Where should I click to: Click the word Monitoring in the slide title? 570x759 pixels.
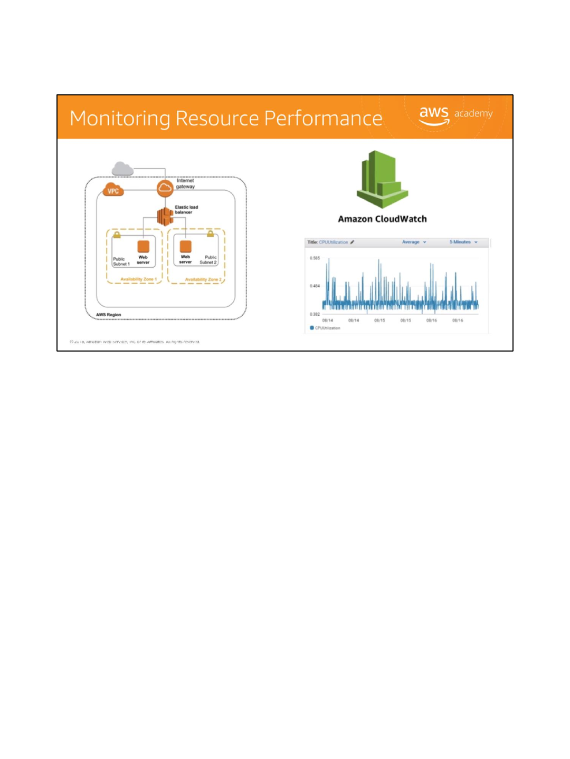[x=119, y=119]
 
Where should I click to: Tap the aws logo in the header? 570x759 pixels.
[x=434, y=115]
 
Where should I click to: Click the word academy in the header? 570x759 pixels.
[x=473, y=113]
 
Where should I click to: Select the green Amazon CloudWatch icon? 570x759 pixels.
[x=382, y=180]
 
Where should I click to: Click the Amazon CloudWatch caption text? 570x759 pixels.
[x=382, y=219]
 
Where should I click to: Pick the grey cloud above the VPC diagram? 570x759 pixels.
[x=122, y=169]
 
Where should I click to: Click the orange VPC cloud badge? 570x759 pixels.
[x=113, y=190]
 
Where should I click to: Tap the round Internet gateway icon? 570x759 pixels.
[x=165, y=188]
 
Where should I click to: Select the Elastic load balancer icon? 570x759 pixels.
[x=165, y=216]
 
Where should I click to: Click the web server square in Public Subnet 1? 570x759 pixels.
[x=143, y=247]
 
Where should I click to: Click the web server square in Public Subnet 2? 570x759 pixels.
[x=185, y=246]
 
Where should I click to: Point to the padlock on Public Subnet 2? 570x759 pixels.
[x=210, y=233]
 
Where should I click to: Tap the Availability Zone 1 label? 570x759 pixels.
[x=138, y=279]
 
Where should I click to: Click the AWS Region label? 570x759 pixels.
[x=109, y=315]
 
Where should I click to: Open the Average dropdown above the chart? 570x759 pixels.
[x=414, y=242]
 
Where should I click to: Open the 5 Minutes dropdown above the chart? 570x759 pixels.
[x=463, y=242]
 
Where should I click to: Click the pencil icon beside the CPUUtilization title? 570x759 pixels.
[x=352, y=242]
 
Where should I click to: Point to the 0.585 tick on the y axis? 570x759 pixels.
[x=315, y=258]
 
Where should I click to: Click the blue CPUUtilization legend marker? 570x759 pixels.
[x=312, y=328]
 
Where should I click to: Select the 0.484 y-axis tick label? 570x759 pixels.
[x=315, y=286]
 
